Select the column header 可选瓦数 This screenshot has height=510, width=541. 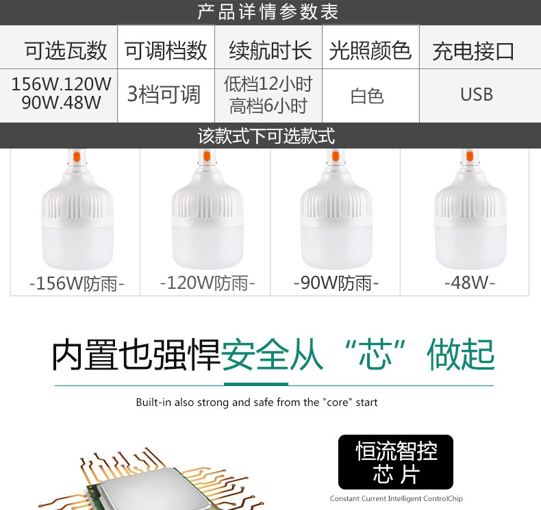click(x=66, y=51)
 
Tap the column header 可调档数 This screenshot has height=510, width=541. click(x=166, y=51)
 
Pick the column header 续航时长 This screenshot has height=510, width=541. click(x=270, y=51)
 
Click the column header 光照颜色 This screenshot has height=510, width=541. click(x=370, y=51)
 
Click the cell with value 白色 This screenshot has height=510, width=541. click(x=367, y=96)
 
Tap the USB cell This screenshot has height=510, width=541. click(x=476, y=94)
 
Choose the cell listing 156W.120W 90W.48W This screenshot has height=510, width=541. click(x=61, y=94)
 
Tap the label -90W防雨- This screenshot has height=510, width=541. click(x=336, y=283)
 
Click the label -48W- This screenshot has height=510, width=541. click(x=470, y=282)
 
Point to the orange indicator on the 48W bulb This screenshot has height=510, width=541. click(x=469, y=157)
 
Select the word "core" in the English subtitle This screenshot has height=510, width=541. click(x=333, y=403)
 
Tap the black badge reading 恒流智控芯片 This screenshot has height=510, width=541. click(x=396, y=461)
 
